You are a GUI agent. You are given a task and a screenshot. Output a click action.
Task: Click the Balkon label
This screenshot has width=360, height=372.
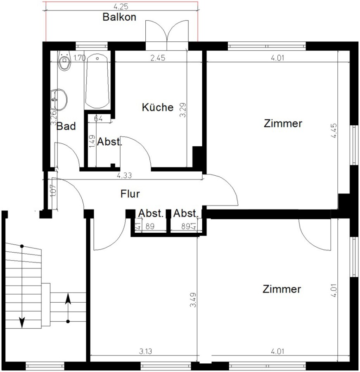(119, 17)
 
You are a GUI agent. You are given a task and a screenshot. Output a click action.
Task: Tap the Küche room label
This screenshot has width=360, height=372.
(158, 107)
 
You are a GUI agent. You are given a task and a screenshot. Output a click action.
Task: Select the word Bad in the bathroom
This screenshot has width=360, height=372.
(66, 126)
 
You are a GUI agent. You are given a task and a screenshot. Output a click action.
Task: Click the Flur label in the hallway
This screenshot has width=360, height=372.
(130, 193)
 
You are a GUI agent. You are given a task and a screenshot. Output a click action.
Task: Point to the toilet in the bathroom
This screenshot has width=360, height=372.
(64, 61)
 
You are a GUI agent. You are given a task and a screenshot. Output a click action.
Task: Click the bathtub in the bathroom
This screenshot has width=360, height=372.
(97, 81)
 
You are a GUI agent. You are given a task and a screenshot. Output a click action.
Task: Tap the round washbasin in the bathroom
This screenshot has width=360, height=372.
(59, 99)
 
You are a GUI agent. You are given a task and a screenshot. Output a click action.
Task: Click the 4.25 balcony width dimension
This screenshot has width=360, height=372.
(121, 6)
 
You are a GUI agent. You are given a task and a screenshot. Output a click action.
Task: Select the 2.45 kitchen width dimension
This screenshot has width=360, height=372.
(158, 57)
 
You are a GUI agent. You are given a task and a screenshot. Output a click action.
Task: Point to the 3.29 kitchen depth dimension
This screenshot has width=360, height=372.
(183, 110)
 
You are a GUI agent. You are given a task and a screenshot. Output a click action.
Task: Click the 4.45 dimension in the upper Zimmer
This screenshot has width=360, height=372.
(334, 131)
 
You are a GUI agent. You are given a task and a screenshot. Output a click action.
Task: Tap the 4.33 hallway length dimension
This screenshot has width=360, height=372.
(124, 175)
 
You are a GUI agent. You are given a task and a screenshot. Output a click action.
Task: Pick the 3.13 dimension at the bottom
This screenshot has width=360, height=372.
(145, 351)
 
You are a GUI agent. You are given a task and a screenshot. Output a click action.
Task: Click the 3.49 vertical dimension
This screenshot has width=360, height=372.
(193, 300)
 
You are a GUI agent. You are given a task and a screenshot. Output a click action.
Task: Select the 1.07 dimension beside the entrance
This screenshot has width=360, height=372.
(54, 191)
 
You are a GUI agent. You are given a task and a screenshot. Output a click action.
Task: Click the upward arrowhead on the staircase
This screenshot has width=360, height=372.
(68, 298)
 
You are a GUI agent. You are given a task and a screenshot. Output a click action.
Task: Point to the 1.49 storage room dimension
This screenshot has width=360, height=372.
(92, 141)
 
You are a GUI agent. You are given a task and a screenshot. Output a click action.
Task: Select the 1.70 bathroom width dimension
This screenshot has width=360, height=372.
(80, 58)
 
